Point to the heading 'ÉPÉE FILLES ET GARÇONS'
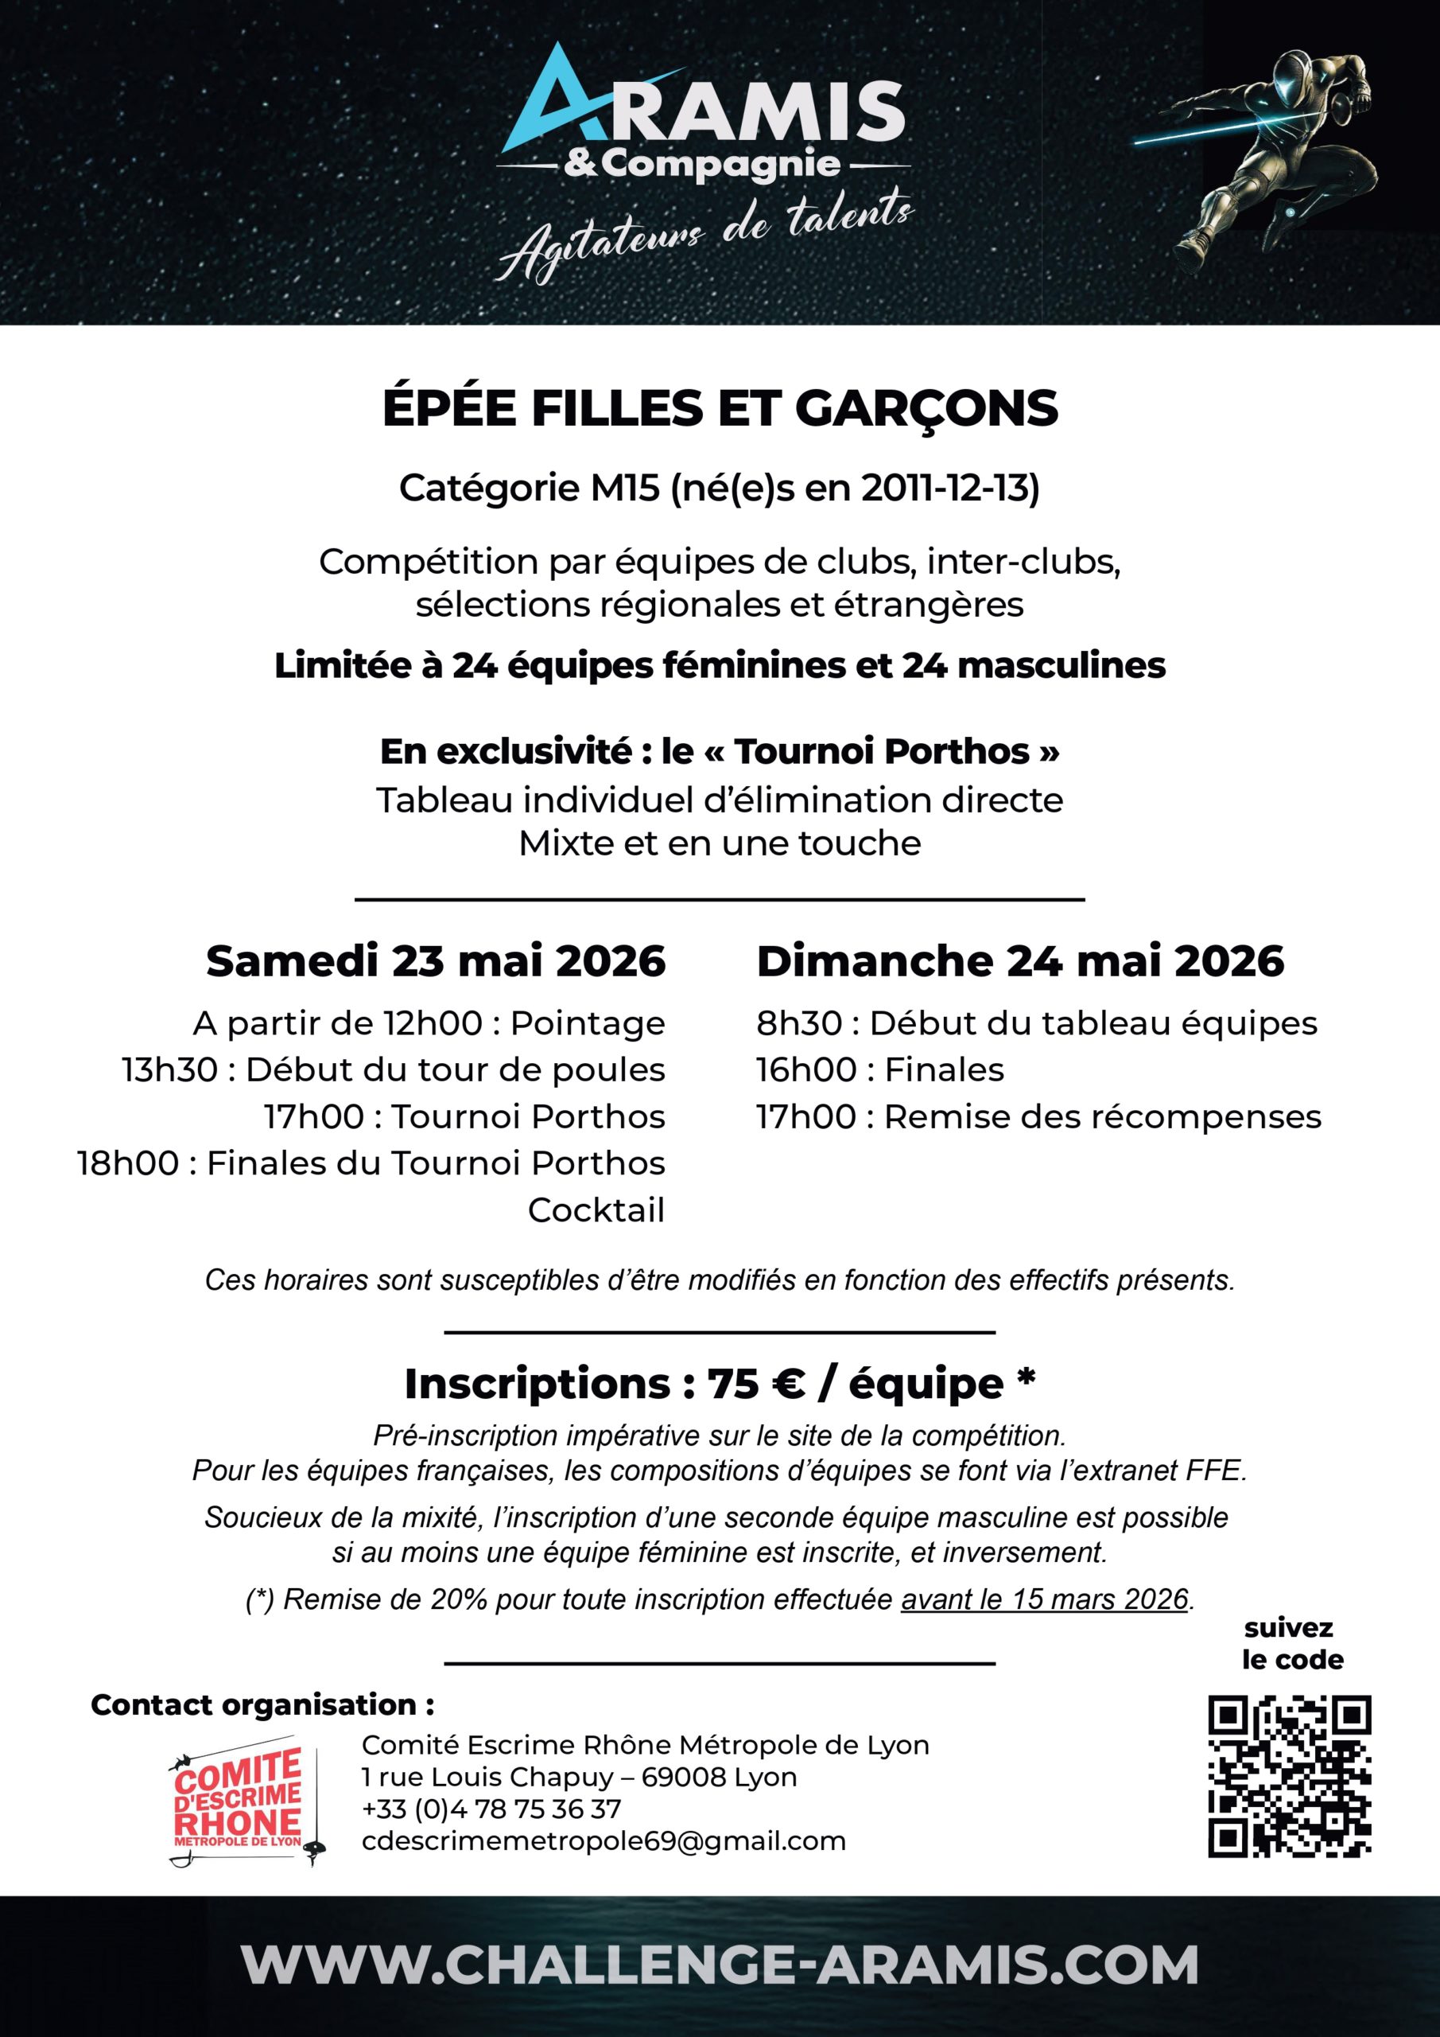720,408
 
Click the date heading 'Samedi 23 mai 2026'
436,961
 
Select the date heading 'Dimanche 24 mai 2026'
1019,961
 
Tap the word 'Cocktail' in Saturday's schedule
596,1210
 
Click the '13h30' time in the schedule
169,1070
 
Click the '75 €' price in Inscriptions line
755,1384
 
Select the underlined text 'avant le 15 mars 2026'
1044,1599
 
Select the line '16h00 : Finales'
879,1070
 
